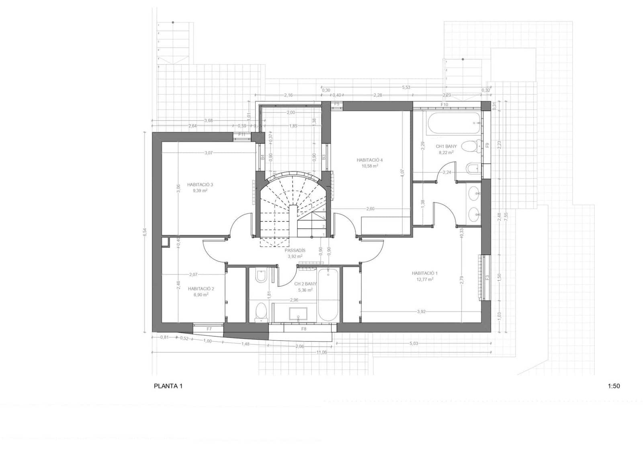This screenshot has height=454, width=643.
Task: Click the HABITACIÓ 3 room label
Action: coord(200,185)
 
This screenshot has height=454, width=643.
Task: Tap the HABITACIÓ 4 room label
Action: coord(367,160)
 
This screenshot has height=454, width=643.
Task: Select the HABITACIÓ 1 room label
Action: coord(424,273)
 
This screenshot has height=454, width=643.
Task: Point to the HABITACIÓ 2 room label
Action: coord(201,288)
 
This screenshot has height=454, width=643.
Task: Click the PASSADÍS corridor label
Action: coord(295,250)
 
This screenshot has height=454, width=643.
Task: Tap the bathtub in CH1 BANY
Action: coord(454,123)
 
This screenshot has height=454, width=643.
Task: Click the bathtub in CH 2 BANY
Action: coord(328,295)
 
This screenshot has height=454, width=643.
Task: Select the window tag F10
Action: coord(444,105)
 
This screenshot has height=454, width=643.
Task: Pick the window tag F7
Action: coord(209,329)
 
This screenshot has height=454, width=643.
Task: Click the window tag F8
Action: coord(304,329)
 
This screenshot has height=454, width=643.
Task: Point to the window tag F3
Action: coord(487,278)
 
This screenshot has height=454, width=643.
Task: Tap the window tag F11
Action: coord(242,135)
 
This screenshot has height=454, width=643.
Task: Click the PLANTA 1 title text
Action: coord(168,386)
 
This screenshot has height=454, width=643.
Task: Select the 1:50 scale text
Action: coord(614,386)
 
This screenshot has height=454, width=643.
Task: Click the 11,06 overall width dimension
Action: coord(321,352)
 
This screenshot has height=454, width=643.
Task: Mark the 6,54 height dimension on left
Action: coord(145,232)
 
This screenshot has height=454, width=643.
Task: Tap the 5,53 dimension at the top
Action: coord(406,87)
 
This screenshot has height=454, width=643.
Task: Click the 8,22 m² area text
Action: coord(446,153)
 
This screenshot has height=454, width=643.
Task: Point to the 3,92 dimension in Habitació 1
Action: coord(421,311)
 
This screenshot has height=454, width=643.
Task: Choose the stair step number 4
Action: coord(324,210)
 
